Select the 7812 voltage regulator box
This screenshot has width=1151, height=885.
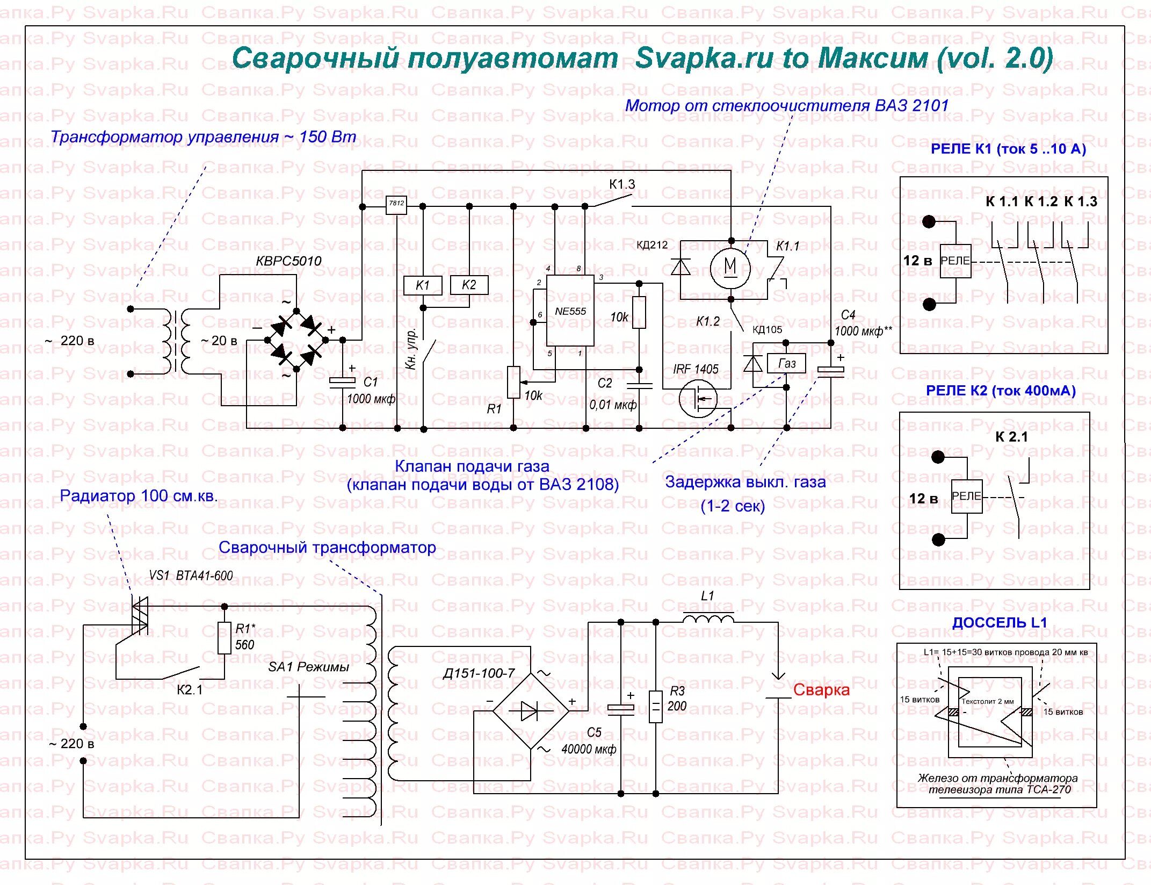[x=396, y=204]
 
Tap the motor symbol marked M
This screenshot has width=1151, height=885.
[x=730, y=268]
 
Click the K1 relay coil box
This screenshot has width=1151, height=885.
[x=423, y=285]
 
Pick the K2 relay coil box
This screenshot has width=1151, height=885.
[x=469, y=285]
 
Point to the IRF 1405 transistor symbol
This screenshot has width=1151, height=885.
[x=698, y=398]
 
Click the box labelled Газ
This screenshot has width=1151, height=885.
[x=787, y=364]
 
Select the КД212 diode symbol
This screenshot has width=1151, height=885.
[x=681, y=267]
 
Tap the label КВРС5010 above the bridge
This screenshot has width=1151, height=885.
[x=288, y=261]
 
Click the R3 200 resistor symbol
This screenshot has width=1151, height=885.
[x=656, y=706]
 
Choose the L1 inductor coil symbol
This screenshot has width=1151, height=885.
[x=708, y=618]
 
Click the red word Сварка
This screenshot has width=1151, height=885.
[x=821, y=690]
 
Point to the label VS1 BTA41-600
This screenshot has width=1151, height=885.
[x=191, y=576]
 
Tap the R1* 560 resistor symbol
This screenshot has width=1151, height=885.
[x=225, y=637]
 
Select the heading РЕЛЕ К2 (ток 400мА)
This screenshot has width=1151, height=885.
[x=1001, y=391]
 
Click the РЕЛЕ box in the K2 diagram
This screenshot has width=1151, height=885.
[x=966, y=496]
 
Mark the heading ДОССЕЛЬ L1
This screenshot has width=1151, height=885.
[x=1000, y=623]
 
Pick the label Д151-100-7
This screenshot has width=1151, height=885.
[x=479, y=673]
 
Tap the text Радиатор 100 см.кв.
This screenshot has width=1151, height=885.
[x=139, y=495]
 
